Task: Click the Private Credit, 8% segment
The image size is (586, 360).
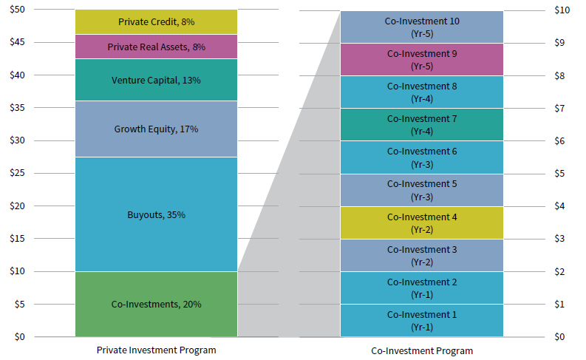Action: (156, 22)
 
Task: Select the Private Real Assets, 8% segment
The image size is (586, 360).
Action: (156, 47)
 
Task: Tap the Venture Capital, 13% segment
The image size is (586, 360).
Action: (156, 80)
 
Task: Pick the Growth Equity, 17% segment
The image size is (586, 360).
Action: (156, 129)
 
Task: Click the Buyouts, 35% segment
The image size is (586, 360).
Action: (156, 214)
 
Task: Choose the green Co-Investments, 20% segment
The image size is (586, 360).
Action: (156, 304)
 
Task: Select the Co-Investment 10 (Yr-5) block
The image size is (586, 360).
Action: (422, 27)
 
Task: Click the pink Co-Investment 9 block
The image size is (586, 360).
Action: (422, 59)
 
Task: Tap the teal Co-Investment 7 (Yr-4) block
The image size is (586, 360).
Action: (422, 124)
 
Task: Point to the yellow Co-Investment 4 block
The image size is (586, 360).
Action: (422, 223)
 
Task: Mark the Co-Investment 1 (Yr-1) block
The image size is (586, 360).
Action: (422, 320)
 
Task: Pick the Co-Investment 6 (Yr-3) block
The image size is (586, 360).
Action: (422, 157)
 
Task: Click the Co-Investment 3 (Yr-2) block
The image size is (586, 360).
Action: (422, 255)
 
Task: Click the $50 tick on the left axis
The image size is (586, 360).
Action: (16, 10)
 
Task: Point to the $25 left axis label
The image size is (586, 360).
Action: (16, 173)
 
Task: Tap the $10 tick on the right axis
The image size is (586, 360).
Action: (562, 10)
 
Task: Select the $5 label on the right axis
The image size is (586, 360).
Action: (561, 174)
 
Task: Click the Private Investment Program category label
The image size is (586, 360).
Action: (156, 350)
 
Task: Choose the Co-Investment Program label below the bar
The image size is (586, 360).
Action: (422, 350)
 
